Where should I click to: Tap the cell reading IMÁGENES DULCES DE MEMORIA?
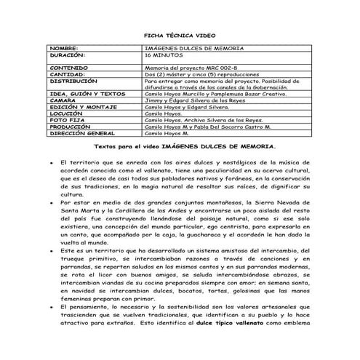193,48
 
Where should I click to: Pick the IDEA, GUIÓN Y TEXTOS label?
87,94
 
